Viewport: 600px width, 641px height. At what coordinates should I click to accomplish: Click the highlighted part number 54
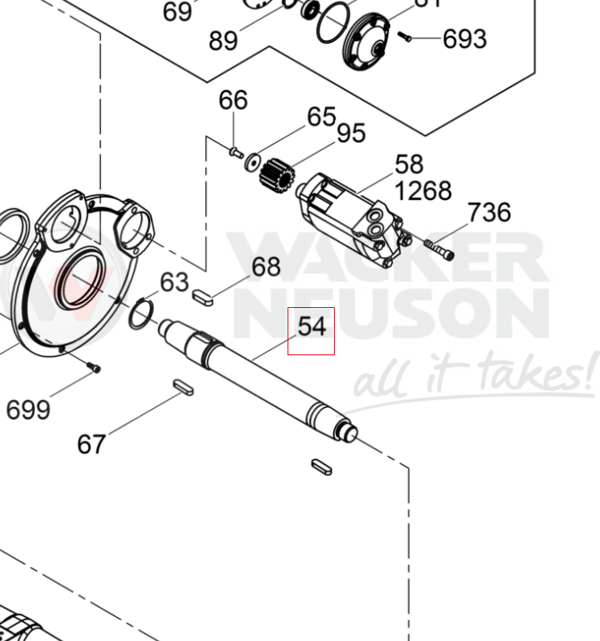click(x=311, y=328)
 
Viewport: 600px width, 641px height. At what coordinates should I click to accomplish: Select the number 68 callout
click(x=265, y=267)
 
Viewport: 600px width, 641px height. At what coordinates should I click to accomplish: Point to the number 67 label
click(x=92, y=444)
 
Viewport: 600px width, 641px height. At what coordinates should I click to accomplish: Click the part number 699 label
click(x=28, y=410)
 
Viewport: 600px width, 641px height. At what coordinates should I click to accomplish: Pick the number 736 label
click(x=489, y=212)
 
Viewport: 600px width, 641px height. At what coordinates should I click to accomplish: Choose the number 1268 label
click(x=423, y=191)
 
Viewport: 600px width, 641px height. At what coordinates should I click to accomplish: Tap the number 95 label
click(x=351, y=133)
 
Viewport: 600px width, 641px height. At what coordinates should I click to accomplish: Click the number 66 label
click(x=233, y=99)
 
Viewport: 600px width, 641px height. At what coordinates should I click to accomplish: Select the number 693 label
click(x=465, y=39)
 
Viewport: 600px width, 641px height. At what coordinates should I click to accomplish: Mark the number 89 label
click(x=223, y=41)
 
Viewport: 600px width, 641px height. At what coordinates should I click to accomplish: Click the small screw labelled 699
click(x=94, y=367)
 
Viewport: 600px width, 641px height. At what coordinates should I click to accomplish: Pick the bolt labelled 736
click(x=438, y=248)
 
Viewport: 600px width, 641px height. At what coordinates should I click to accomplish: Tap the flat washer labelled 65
click(x=253, y=162)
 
